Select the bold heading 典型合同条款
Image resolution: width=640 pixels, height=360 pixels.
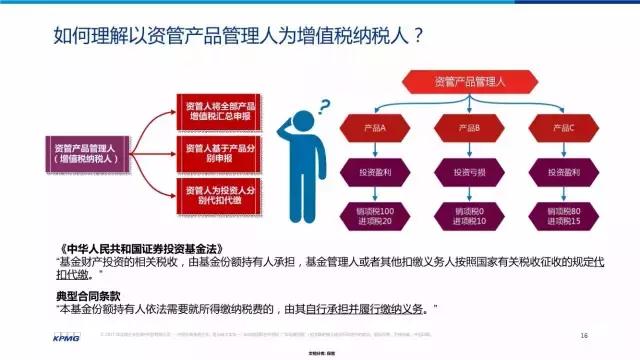click(x=92, y=297)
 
